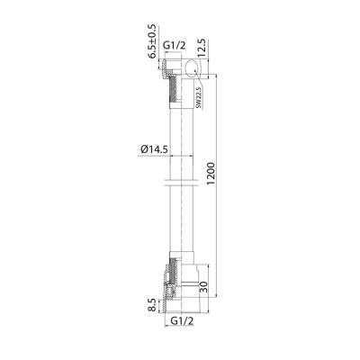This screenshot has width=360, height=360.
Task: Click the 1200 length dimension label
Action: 211,174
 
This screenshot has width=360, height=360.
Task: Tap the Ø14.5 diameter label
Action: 153,149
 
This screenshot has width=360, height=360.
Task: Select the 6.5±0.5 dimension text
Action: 153,40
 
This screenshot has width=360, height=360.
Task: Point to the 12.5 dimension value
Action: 202,48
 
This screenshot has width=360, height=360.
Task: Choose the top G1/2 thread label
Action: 175,46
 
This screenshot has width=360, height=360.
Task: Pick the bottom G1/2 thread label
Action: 182,320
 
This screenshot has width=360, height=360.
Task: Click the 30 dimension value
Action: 203,288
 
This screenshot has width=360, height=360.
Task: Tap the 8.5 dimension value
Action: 153,305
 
